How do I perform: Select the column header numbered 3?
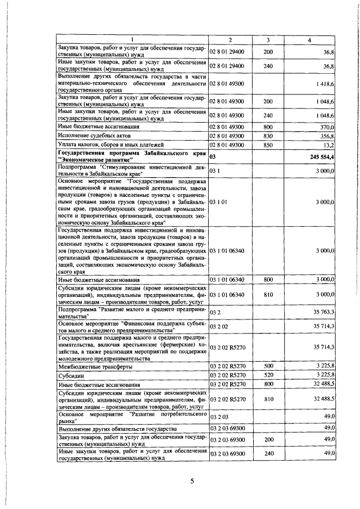[268, 39]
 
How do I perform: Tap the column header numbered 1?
[132, 39]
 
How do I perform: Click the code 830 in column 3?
[268, 136]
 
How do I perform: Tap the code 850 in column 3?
[268, 144]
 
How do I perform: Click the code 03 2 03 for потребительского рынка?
[220, 418]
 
